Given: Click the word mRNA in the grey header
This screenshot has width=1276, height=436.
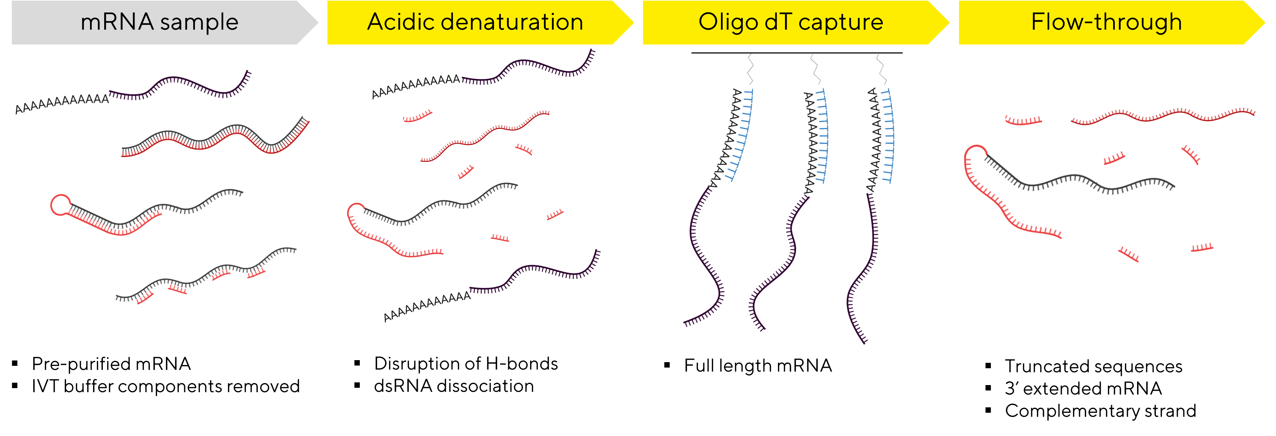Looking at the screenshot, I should (117, 22).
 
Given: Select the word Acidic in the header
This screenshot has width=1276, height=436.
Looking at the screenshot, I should (400, 22).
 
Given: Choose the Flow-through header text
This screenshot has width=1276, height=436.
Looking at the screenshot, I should (1106, 22).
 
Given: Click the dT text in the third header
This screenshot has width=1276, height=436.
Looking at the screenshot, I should (779, 22).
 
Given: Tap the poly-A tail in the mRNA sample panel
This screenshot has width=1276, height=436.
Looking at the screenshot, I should (62, 103).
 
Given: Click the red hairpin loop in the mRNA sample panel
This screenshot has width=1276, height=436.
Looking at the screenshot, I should (60, 205).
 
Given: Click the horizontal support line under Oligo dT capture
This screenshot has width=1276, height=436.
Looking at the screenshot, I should (796, 53).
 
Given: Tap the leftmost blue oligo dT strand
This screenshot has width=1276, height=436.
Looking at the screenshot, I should (743, 134).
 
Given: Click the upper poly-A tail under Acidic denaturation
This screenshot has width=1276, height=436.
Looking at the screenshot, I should (416, 86).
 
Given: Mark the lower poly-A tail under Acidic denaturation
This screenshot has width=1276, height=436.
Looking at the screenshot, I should (427, 306).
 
